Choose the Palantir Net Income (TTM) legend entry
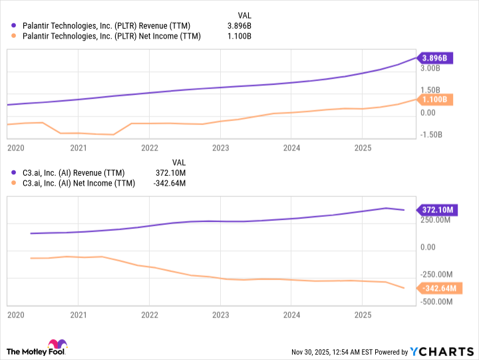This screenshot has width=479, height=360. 109,36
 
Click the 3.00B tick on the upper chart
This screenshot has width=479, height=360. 431,68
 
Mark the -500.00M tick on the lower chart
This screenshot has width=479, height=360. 438,301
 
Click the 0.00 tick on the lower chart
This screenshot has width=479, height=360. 428,247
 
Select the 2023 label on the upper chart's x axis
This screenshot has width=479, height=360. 220,148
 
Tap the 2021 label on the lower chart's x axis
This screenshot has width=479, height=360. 79,313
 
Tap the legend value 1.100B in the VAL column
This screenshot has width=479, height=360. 239,36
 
